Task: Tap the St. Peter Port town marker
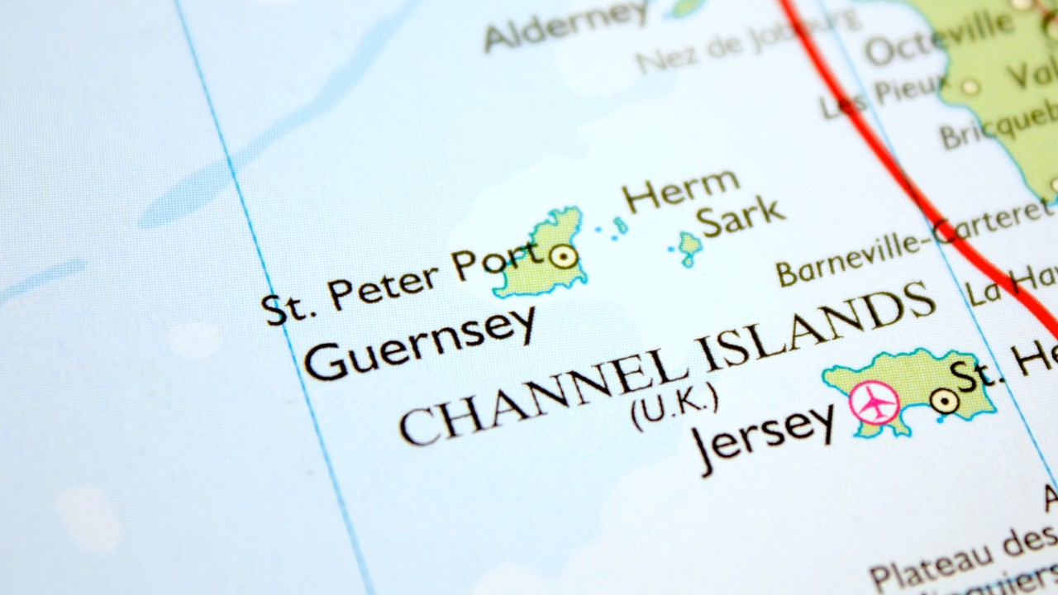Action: tap(563, 256)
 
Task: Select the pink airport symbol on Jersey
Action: tap(874, 403)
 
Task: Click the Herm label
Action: tap(679, 192)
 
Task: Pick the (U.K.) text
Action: tap(674, 407)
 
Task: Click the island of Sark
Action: tap(689, 247)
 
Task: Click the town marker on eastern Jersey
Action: tap(944, 402)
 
